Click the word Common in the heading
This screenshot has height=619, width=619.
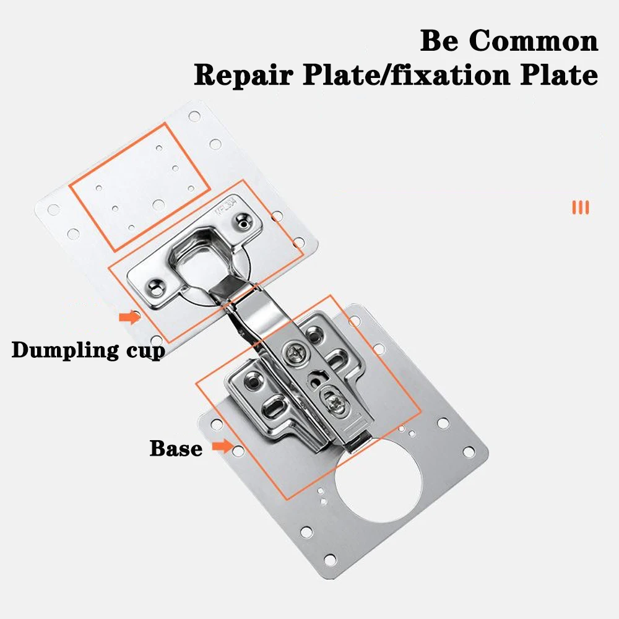coord(534,41)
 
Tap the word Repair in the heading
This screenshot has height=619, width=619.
coord(241,76)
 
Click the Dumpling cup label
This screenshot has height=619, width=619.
coord(88,350)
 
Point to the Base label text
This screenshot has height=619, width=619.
coord(176,448)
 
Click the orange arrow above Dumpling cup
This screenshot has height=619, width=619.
coord(129,318)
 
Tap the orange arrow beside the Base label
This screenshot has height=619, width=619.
coord(222,446)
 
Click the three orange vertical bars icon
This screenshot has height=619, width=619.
coord(581,207)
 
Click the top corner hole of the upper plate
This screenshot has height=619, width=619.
coord(194,116)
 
